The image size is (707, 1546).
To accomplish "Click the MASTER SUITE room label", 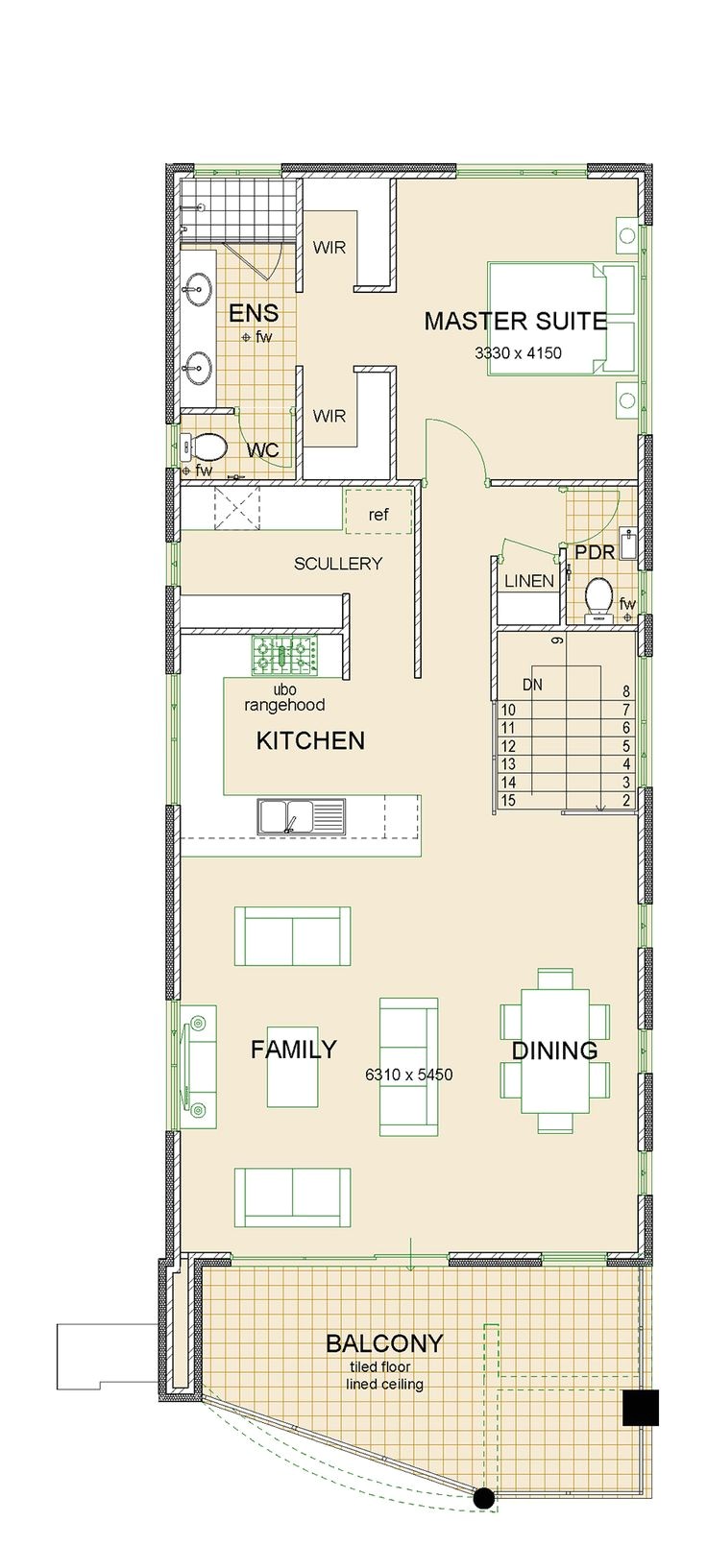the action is (x=515, y=321).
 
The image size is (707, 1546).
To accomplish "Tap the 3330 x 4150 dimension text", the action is (x=518, y=353).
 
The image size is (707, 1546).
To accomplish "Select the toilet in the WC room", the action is (x=204, y=447).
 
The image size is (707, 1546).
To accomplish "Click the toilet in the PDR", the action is (x=597, y=596).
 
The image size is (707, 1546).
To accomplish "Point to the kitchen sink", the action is (x=302, y=816).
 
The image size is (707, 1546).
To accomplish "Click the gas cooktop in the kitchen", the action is (x=285, y=657).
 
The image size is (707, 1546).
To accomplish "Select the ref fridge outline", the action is (x=378, y=511).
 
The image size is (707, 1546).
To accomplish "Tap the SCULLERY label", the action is (x=337, y=564).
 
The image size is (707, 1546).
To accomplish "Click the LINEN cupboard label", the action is (x=529, y=581).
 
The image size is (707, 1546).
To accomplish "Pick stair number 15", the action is (x=508, y=801).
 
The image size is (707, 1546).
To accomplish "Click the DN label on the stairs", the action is (x=532, y=685).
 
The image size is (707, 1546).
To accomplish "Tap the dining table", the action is (x=555, y=1051).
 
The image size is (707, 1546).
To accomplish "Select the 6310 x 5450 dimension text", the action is (x=409, y=1075).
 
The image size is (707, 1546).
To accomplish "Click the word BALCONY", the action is (x=384, y=1343).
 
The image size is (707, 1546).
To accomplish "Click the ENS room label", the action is (x=254, y=313).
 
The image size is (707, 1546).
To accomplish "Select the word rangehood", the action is (x=284, y=706).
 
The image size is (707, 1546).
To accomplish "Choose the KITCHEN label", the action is (x=310, y=740).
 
